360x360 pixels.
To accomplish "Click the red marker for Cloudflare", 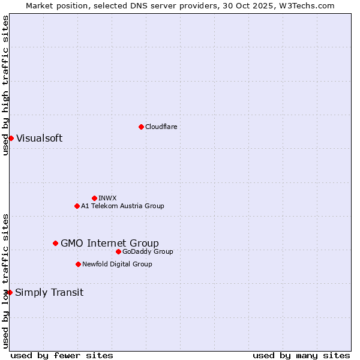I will [141, 127].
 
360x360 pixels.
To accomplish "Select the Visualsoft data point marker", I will [11, 138].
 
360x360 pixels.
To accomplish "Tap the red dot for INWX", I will [94, 198].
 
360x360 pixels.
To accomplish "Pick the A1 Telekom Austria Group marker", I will [77, 206].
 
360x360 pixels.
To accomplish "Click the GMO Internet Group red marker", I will [55, 243].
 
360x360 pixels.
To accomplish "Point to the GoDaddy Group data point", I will [118, 251].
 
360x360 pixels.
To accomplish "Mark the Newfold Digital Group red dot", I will [78, 264].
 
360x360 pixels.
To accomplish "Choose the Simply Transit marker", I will [10, 292].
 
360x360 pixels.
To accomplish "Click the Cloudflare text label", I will [161, 127].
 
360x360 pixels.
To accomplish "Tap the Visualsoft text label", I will [39, 138].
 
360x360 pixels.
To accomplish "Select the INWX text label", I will [107, 198].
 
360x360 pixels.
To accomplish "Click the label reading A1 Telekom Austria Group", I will [122, 206].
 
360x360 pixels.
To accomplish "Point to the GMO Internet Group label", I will [110, 243].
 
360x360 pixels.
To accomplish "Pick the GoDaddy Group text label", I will [148, 251].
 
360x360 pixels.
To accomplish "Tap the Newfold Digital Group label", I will [117, 264].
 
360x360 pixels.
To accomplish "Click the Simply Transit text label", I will [49, 293].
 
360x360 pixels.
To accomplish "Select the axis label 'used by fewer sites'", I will [62, 355].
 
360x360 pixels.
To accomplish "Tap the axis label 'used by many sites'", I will [301, 355].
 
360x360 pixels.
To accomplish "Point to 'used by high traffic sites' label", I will [5, 85].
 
